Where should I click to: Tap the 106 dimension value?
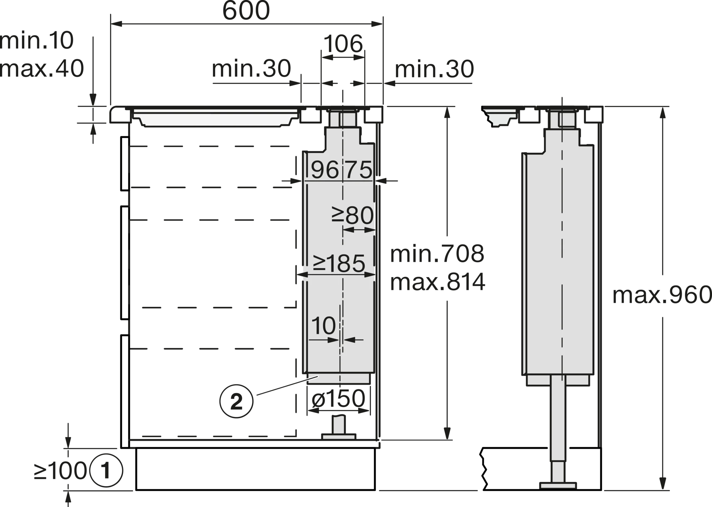pos(343,44)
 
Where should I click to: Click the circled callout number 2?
pos(236,401)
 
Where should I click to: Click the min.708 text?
pos(437,254)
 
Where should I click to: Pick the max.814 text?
pos(438,282)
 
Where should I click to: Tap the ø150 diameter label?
pos(338,398)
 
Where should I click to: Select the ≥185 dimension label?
pos(339,263)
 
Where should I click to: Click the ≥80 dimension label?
pos(353,215)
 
